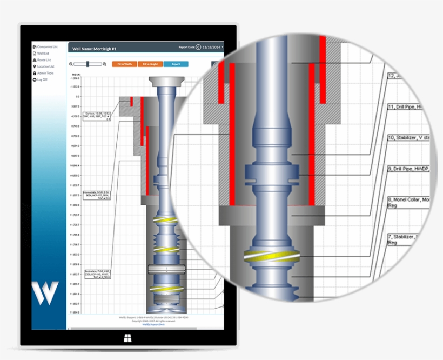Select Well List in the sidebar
coord(43,54)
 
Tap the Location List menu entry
coord(46,66)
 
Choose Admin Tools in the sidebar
coord(45,73)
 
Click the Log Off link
coord(42,79)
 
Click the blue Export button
coord(176,64)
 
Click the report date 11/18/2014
coord(211,48)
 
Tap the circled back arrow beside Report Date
coord(198,48)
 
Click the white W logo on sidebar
coord(45,294)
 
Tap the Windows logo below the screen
coord(128,339)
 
